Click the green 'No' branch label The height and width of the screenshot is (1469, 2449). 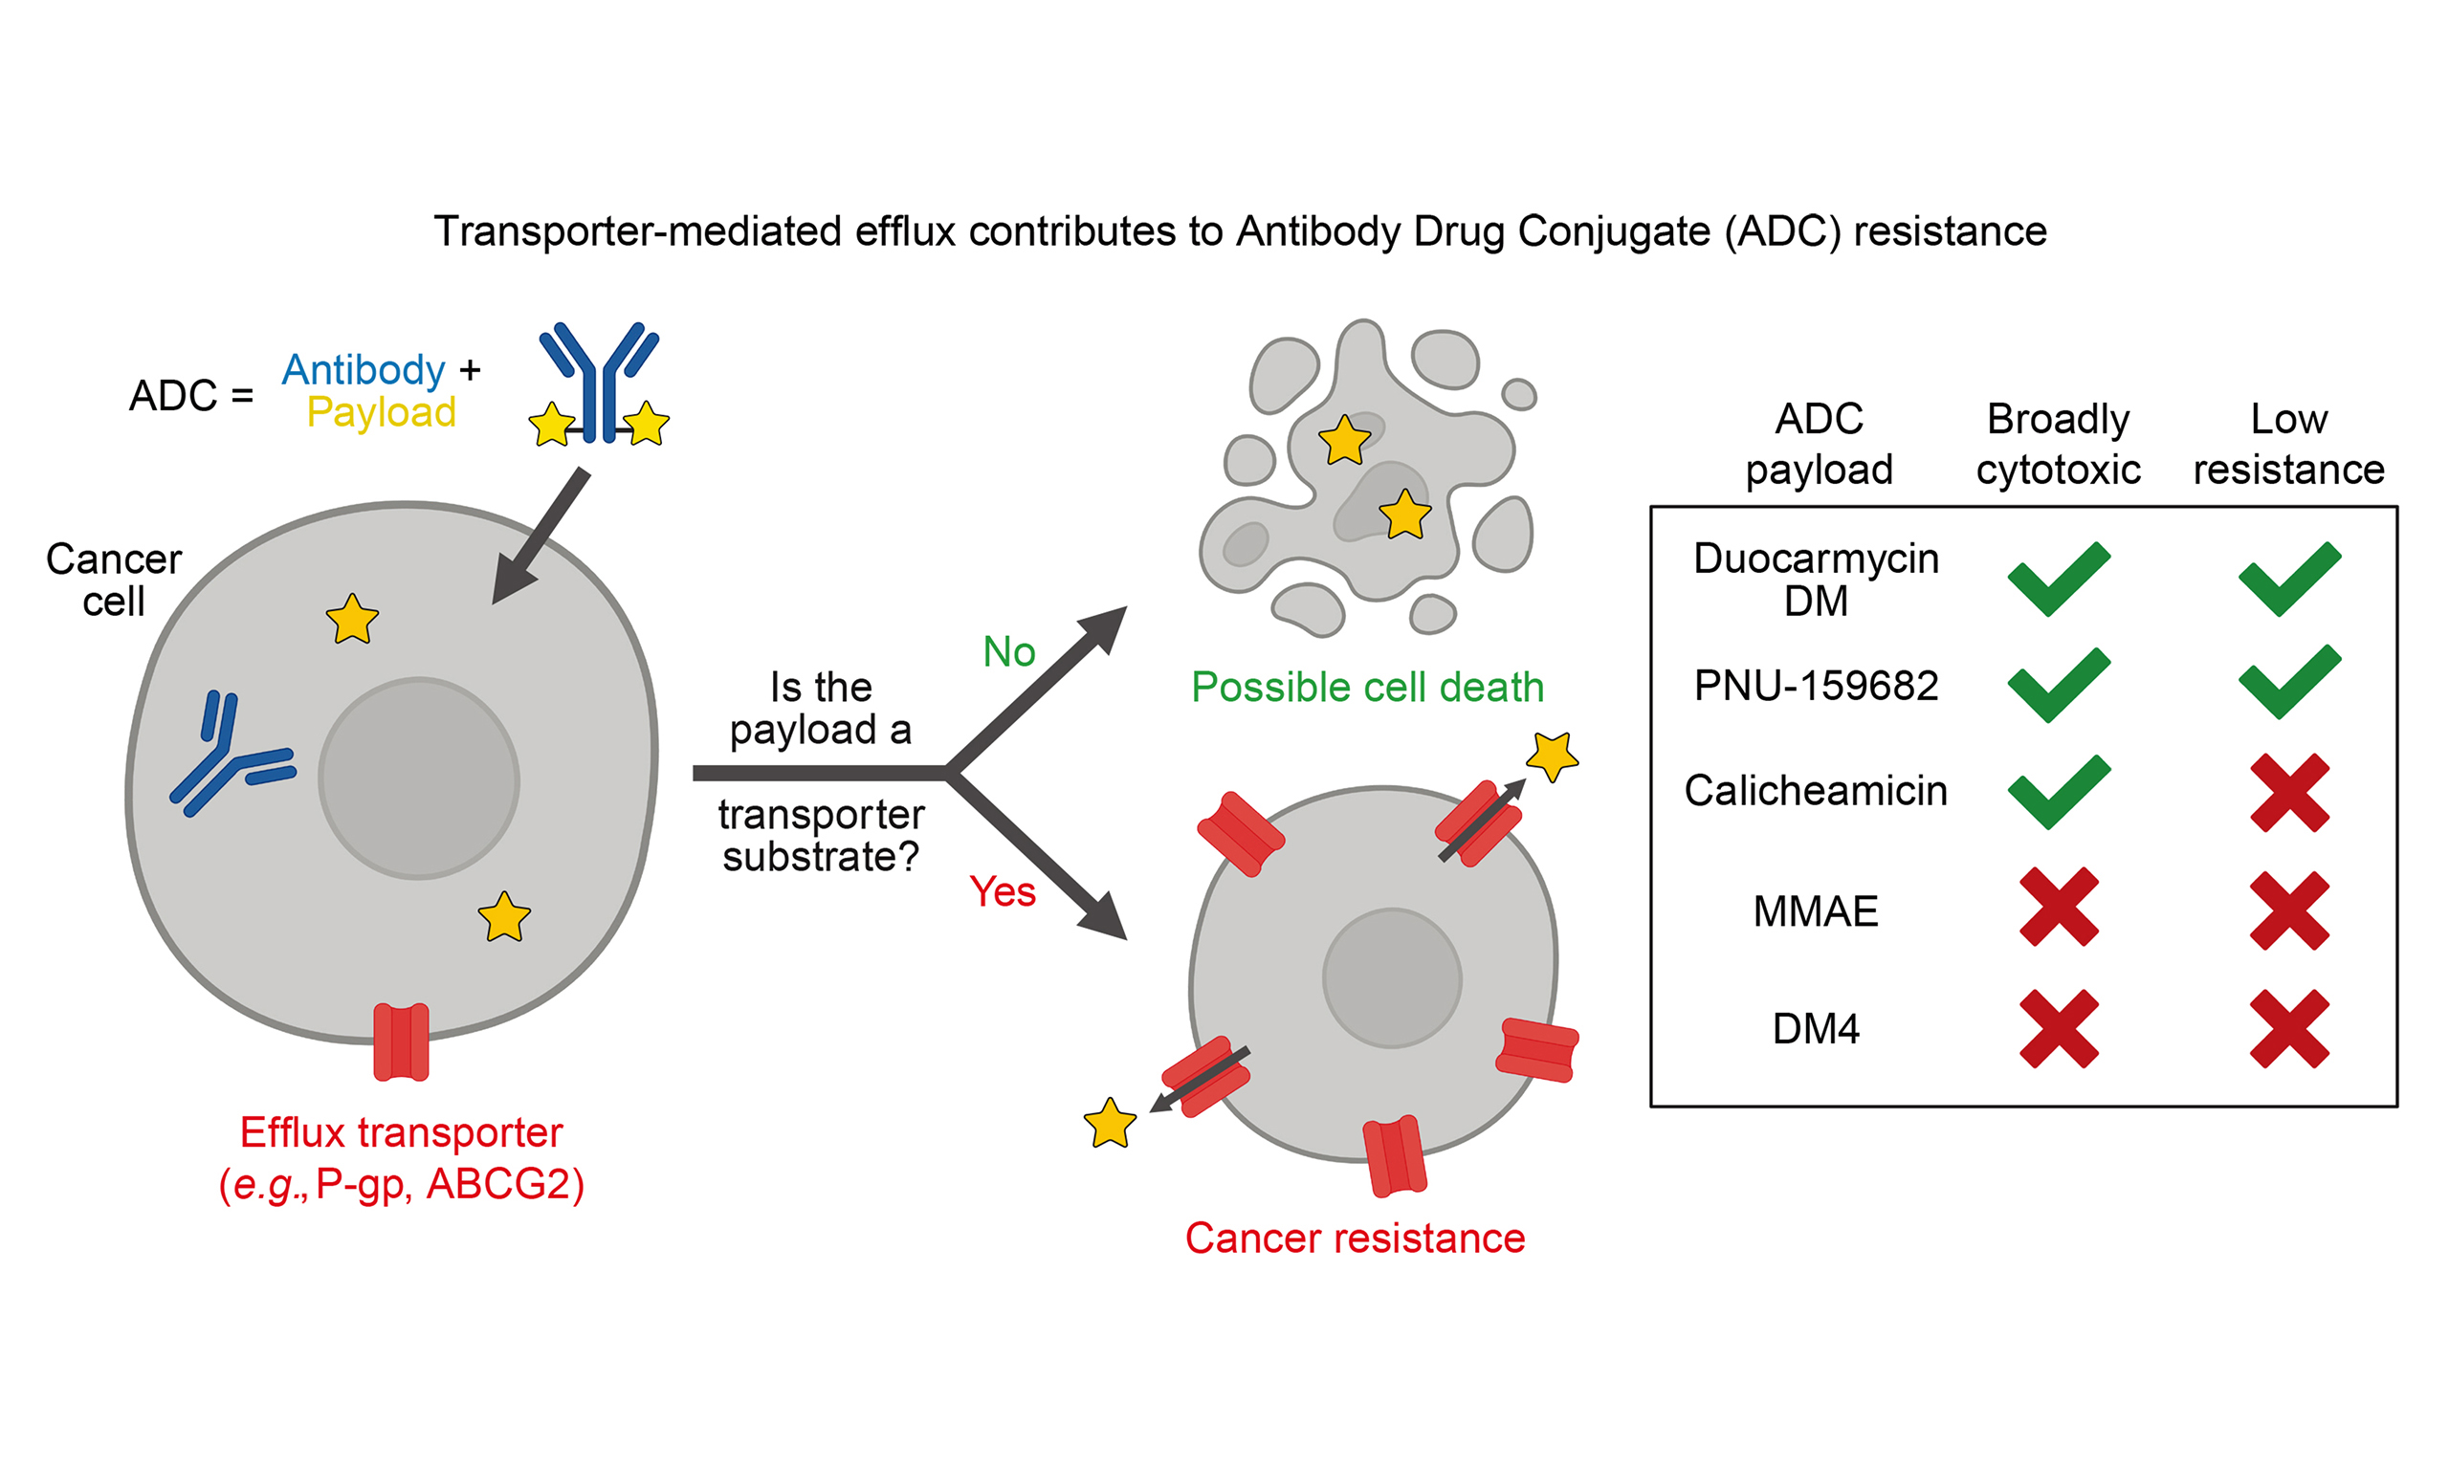click(x=1008, y=652)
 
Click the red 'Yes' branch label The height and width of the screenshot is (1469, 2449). click(x=1002, y=892)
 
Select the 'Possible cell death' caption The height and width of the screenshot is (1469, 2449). click(x=1367, y=687)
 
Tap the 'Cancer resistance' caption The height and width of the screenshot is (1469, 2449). click(x=1355, y=1239)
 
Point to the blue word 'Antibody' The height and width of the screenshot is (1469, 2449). click(x=364, y=370)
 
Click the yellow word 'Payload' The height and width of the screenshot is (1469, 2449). click(x=381, y=413)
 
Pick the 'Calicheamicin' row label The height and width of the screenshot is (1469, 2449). click(x=1816, y=791)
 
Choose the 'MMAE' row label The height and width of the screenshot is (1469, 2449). click(x=1816, y=911)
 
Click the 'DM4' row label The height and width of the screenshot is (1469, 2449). click(x=1816, y=1029)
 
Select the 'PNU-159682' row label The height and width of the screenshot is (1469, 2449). click(x=1816, y=686)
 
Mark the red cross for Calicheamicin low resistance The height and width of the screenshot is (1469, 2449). click(x=2288, y=793)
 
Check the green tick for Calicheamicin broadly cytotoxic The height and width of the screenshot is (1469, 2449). click(x=2059, y=791)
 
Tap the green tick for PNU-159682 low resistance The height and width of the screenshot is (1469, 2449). click(x=2288, y=682)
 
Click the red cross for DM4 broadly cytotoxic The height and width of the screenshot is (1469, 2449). click(x=2059, y=1028)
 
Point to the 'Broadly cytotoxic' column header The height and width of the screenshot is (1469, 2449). click(x=2058, y=445)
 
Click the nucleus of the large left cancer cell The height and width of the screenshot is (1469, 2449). click(x=419, y=778)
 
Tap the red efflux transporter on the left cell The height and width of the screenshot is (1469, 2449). click(x=401, y=1041)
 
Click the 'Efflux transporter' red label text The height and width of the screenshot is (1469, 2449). click(x=401, y=1132)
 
